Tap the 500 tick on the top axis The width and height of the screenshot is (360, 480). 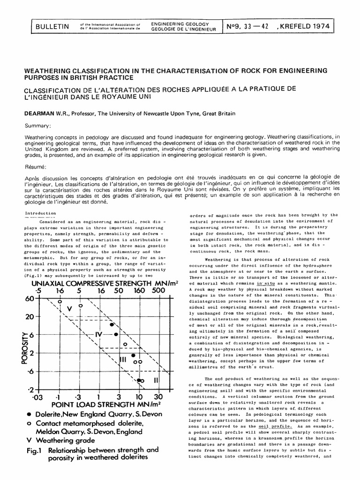(x=159, y=290)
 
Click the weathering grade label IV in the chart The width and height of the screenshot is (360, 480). (x=98, y=335)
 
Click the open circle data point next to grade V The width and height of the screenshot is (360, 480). (x=80, y=305)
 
